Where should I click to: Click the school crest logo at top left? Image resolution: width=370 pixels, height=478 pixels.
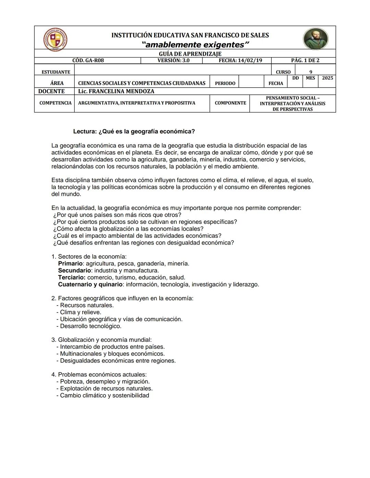[56, 39]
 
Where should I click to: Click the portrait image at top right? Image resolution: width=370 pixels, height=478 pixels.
[315, 39]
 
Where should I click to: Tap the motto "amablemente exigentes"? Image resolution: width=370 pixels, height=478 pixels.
[195, 45]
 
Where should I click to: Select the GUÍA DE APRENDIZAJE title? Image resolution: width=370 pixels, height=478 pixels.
[190, 54]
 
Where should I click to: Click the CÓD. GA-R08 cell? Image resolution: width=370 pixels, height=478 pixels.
[88, 61]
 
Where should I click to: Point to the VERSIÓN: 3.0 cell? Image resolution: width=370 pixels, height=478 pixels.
[173, 61]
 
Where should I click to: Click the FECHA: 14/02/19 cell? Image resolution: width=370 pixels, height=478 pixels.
[240, 61]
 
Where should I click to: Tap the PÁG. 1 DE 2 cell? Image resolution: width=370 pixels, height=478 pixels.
[305, 61]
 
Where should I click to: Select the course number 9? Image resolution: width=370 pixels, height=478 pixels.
[311, 72]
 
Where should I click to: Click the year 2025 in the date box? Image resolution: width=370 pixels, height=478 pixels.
[327, 78]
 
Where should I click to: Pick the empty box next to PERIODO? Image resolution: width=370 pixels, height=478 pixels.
[251, 81]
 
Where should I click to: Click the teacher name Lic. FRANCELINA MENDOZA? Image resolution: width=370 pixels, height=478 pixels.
[116, 91]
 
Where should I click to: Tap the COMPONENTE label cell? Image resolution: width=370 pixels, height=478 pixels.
[230, 103]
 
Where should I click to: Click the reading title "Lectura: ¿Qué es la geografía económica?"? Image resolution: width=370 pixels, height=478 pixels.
[134, 132]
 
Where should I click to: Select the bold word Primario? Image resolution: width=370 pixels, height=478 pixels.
[70, 264]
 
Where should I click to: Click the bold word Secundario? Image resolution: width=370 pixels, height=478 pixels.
[74, 271]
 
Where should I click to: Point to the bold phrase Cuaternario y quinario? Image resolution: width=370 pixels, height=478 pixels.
[90, 285]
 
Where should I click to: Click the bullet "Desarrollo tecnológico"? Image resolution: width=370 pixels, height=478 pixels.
[90, 326]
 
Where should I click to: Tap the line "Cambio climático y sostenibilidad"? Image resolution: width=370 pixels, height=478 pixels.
[104, 396]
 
